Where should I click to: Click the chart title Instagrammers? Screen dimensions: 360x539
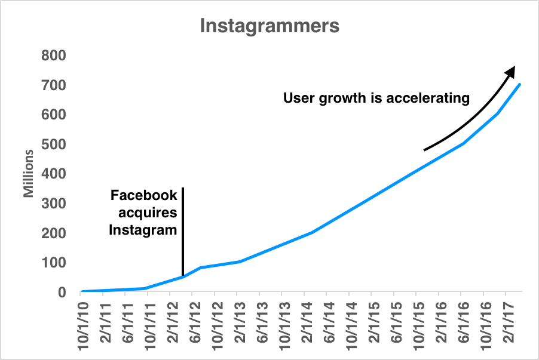(x=269, y=26)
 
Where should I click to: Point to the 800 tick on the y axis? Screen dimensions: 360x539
(x=53, y=56)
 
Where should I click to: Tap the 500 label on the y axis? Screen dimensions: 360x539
(x=53, y=144)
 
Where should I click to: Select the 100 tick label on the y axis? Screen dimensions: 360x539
(x=53, y=263)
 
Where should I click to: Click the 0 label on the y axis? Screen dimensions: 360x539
(x=61, y=293)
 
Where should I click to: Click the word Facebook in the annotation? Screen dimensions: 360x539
(x=144, y=195)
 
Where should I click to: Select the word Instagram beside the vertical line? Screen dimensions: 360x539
(x=143, y=229)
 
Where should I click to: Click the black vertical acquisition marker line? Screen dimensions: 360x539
(x=182, y=233)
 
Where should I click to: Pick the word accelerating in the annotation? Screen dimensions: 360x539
(x=428, y=98)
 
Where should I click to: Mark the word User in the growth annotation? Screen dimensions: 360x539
(x=297, y=98)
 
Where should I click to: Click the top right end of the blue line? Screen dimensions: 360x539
(x=520, y=84)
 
